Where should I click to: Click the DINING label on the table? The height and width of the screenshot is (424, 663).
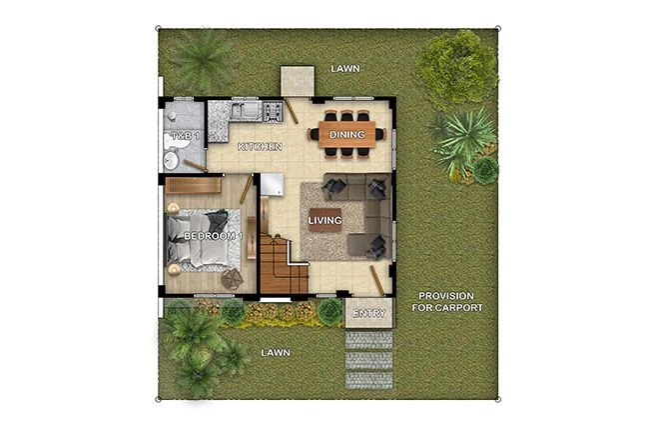(x=347, y=134)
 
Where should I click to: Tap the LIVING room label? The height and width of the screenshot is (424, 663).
(x=325, y=220)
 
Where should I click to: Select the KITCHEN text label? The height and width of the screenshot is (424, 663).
(x=258, y=147)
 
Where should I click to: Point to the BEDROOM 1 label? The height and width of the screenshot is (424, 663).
(x=213, y=235)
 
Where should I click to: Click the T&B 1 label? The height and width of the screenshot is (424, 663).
(x=184, y=135)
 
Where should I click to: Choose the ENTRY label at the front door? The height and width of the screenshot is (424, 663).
(x=368, y=314)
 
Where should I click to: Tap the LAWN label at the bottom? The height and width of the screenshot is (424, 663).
(x=275, y=353)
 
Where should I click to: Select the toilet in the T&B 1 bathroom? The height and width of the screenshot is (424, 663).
(x=172, y=158)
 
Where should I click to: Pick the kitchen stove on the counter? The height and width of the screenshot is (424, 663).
(x=272, y=110)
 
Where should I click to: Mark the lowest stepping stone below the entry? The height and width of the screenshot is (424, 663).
(x=368, y=379)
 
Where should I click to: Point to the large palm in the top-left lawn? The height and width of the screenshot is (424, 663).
(x=204, y=60)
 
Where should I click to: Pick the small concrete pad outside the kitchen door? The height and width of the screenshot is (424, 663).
(x=297, y=81)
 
